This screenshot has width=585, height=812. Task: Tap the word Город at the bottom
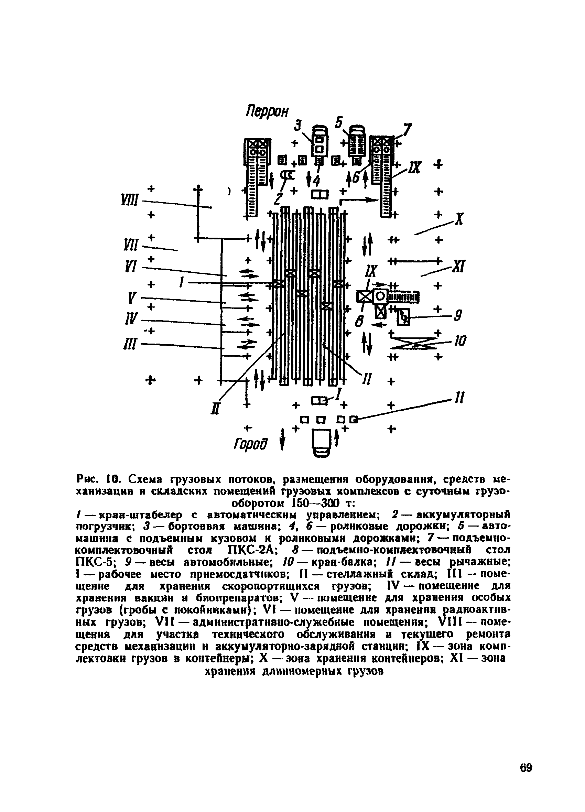[250, 444]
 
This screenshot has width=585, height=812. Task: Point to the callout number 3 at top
[298, 126]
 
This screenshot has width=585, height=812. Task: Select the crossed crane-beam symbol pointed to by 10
[414, 343]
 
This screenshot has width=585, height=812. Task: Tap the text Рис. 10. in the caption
[98, 479]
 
